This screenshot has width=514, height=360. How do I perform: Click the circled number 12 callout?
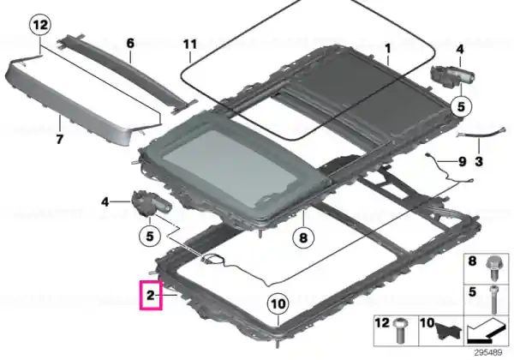(x=40, y=25)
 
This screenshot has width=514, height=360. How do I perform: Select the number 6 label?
(x=130, y=43)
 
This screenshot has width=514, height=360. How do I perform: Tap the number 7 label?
(x=59, y=140)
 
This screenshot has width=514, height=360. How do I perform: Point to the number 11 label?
(x=190, y=45)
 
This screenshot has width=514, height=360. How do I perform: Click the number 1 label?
(x=388, y=49)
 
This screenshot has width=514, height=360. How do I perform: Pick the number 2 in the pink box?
(x=150, y=295)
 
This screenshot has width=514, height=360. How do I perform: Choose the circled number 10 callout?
(x=278, y=304)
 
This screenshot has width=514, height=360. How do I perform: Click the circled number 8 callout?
(x=303, y=237)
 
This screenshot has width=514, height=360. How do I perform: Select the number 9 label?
(x=462, y=161)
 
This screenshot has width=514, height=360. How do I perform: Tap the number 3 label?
(x=479, y=161)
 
